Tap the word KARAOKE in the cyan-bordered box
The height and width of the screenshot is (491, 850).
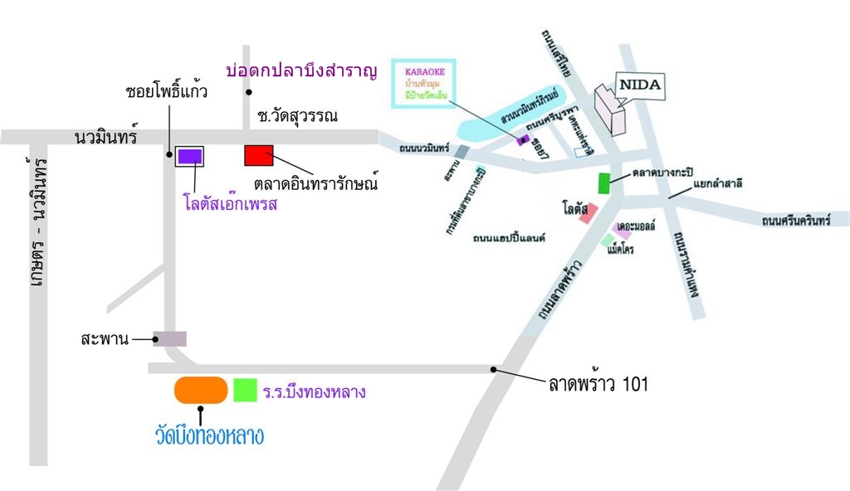[x=424, y=72]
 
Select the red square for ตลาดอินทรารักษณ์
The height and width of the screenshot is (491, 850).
[x=258, y=155]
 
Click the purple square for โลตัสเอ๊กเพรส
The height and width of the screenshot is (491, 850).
[x=190, y=155]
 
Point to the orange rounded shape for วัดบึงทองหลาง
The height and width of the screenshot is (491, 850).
[x=200, y=390]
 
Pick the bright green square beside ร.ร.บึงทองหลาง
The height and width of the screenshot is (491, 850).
[x=245, y=390]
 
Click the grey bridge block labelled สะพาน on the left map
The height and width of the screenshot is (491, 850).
[x=170, y=338]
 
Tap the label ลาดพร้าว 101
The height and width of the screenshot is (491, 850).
[x=598, y=384]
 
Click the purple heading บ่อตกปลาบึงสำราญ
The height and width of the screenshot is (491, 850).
[x=302, y=71]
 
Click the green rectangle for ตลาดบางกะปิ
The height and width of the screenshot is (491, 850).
[x=604, y=182]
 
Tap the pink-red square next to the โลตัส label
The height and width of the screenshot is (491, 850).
[x=588, y=216]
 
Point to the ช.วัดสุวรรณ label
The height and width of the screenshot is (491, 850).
[x=297, y=116]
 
